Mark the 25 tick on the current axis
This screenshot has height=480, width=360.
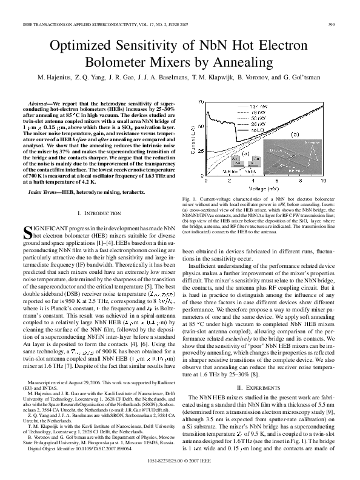pos(199,151)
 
